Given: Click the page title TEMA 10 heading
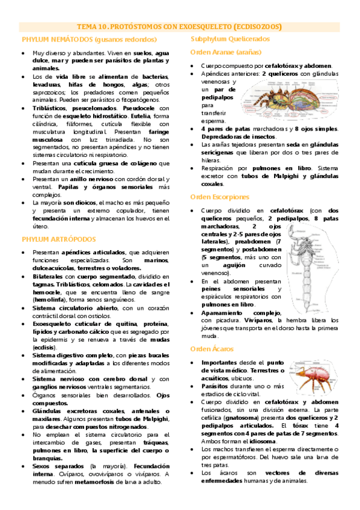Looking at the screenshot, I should tap(180, 26).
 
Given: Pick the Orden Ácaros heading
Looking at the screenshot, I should tap(210, 349).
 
